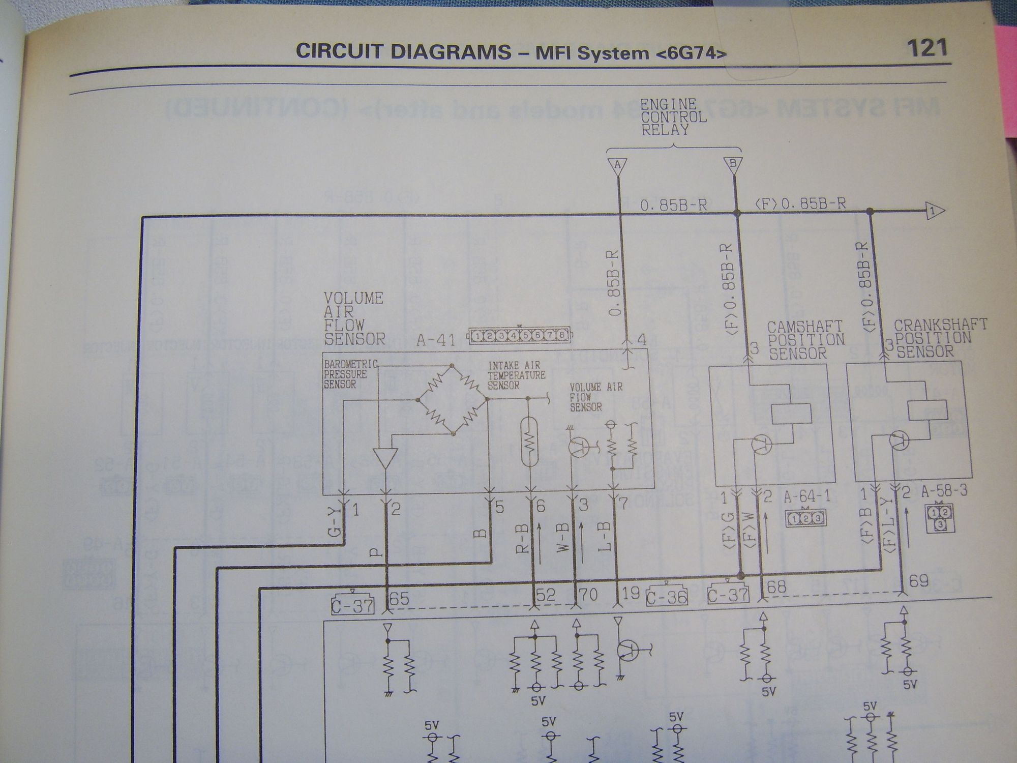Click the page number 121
926,48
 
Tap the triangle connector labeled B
733,165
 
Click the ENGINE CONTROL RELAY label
673,118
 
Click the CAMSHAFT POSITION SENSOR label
805,340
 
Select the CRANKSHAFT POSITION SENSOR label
940,338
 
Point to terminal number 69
919,581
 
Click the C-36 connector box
666,596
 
